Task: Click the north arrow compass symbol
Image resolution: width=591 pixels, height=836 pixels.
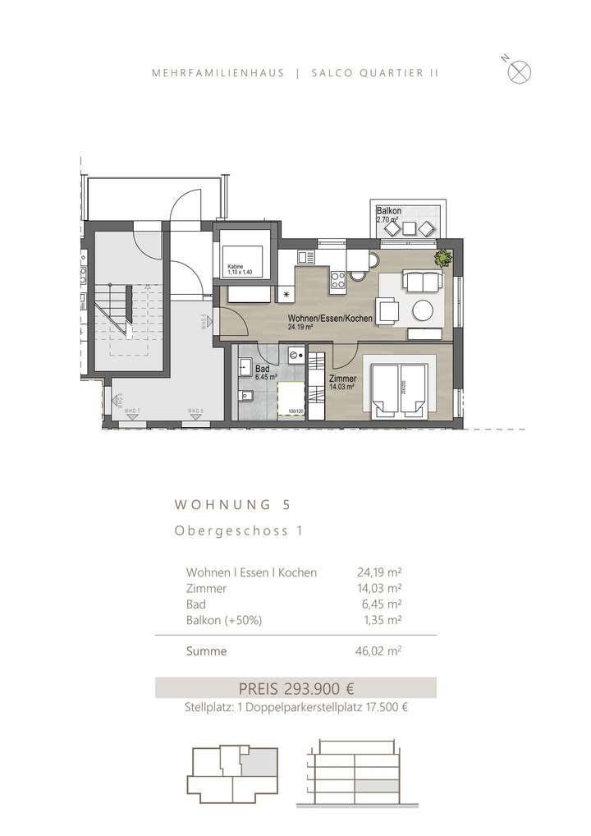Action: click(519, 71)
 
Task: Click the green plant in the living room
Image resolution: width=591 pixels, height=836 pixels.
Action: click(444, 258)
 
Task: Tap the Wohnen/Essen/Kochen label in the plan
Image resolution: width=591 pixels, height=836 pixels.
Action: click(331, 318)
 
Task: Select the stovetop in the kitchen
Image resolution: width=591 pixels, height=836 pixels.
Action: click(337, 282)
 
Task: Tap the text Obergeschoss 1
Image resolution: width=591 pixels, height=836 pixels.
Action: click(238, 531)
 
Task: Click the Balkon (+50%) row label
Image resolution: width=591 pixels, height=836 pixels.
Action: click(224, 620)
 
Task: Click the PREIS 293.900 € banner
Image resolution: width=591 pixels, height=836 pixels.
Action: click(295, 687)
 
